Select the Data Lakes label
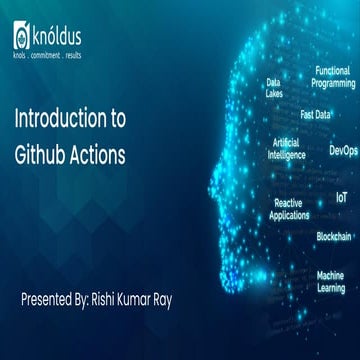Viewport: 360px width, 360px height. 273,88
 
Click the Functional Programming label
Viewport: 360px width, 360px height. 334,78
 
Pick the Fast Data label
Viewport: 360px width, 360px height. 316,115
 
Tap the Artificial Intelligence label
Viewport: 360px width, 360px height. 287,149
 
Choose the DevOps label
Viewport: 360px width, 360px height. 343,151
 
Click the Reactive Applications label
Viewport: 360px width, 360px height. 289,208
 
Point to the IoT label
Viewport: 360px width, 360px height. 342,199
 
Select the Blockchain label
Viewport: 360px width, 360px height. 334,236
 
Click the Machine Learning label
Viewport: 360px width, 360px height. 331,281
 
